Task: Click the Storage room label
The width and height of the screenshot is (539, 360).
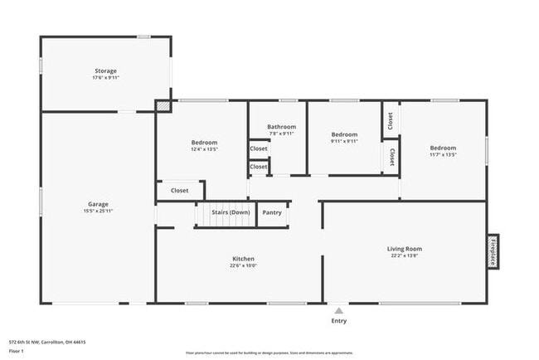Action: [105, 71]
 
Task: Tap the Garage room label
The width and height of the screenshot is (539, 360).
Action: [99, 204]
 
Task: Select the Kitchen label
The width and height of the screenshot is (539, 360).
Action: [243, 259]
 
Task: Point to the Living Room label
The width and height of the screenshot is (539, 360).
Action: [405, 249]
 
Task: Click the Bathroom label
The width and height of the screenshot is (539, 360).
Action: [281, 127]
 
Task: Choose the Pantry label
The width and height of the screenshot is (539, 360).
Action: [272, 213]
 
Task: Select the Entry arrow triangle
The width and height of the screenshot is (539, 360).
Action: [338, 311]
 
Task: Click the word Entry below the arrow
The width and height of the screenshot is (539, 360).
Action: [339, 321]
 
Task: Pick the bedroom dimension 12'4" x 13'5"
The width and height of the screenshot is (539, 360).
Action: [204, 150]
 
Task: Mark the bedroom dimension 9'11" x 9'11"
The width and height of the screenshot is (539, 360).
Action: [344, 142]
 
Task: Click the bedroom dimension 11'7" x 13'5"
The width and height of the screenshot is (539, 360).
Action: [443, 154]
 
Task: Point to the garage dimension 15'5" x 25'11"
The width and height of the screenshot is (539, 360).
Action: [99, 212]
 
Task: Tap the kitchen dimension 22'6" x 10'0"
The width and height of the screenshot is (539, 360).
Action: [243, 266]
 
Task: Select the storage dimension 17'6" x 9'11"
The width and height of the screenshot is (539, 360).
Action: [105, 79]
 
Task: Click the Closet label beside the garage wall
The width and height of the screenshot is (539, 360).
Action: [180, 191]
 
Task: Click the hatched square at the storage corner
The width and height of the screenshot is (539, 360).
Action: [163, 105]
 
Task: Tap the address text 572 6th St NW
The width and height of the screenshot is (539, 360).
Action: [33, 342]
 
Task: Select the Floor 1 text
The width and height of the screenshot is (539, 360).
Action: [17, 352]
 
